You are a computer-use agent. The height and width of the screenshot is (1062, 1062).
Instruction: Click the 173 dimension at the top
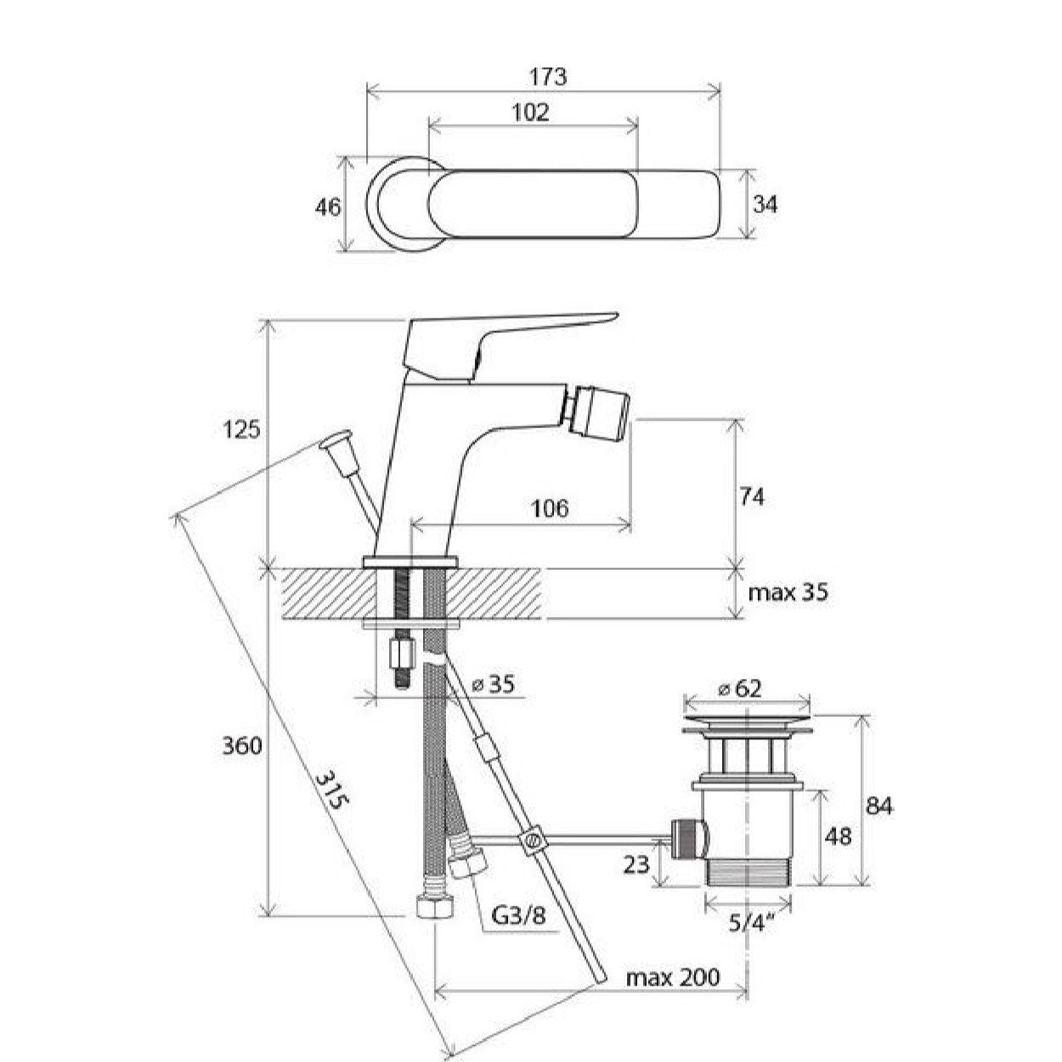pos(549,76)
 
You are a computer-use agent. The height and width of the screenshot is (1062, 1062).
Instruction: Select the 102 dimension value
pos(532,112)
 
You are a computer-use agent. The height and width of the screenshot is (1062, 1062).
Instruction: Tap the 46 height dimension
pos(328,206)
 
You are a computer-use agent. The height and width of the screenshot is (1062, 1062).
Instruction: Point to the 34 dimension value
pos(764,204)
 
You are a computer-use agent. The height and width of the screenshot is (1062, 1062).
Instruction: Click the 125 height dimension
pos(242,430)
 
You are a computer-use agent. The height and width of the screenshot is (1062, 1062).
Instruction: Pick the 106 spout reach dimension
pos(549,508)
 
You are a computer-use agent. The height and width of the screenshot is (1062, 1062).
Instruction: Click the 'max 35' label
pos(788,592)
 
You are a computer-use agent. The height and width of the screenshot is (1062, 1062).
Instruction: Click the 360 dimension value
pos(241,746)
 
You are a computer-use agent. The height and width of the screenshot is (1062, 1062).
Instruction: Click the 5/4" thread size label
pos(748,921)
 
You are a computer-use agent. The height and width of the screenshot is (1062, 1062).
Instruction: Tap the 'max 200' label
pos(672,977)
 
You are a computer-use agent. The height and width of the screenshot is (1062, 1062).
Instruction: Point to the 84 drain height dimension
pos(879,805)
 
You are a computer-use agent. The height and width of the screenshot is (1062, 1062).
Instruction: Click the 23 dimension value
pos(637,865)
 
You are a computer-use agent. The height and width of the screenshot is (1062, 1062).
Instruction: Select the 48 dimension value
pos(838,837)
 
